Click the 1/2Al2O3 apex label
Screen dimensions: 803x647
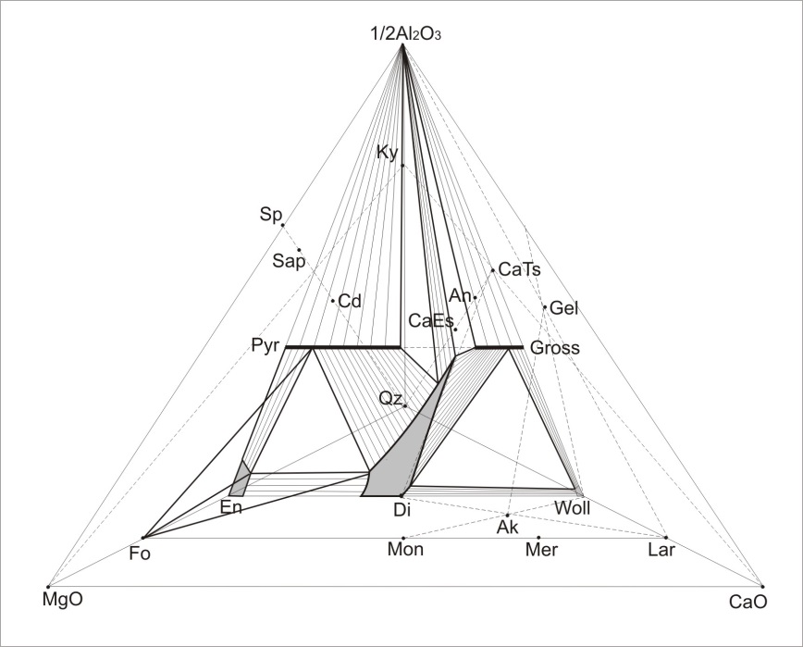(405, 34)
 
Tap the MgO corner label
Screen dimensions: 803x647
(62, 600)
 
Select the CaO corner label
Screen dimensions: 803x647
(748, 602)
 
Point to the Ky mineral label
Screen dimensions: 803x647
(387, 153)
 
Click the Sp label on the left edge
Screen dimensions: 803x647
(270, 215)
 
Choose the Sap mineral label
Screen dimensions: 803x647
(289, 261)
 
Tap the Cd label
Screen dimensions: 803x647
(351, 301)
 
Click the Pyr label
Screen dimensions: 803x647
(266, 346)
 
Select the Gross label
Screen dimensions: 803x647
(555, 348)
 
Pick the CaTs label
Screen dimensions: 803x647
(519, 269)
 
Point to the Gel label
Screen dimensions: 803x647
(563, 308)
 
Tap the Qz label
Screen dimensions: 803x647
(390, 399)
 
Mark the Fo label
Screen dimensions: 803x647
(140, 554)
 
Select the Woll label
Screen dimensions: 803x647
(573, 508)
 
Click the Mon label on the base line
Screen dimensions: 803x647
(405, 549)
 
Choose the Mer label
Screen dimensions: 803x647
(542, 550)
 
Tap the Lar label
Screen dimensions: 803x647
(661, 550)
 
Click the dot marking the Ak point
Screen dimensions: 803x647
(508, 515)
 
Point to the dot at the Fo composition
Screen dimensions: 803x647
(143, 538)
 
